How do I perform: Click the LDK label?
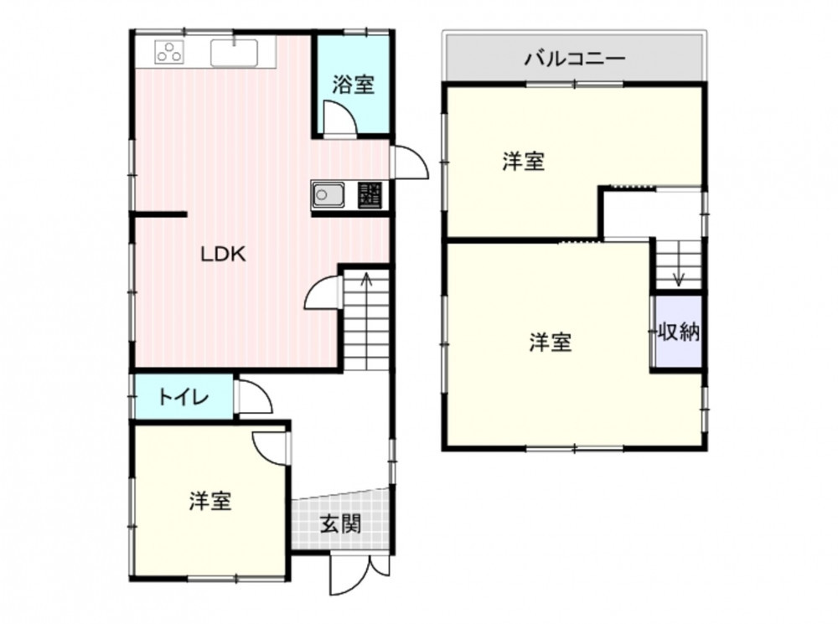(x=223, y=255)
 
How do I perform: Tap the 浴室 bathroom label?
(x=353, y=85)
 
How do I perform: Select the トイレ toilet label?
(x=184, y=397)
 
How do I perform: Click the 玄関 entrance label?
(x=340, y=523)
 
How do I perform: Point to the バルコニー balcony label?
(x=575, y=57)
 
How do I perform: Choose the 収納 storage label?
(x=678, y=332)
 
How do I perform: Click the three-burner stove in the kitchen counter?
(x=169, y=52)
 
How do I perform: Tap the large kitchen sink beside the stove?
(x=234, y=53)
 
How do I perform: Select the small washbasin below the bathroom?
(x=328, y=194)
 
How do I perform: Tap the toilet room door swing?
(x=254, y=396)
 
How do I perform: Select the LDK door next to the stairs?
(x=322, y=293)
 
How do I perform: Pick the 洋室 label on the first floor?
(x=210, y=501)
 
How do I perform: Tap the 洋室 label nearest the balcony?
(x=523, y=161)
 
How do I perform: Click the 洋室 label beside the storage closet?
(x=551, y=342)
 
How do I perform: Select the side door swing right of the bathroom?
(x=410, y=162)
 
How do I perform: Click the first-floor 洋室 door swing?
(x=269, y=448)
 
